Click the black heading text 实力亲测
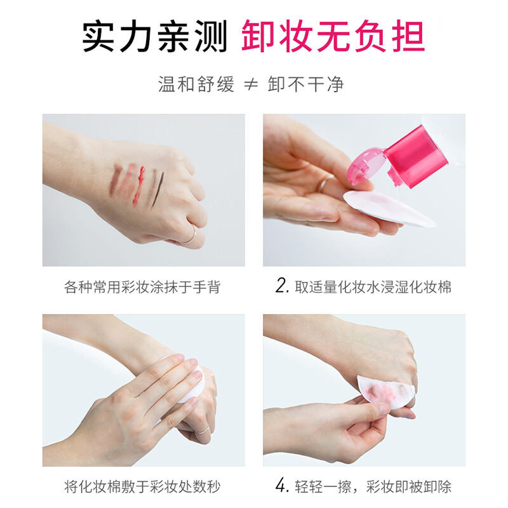(155, 37)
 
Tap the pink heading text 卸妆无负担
(333, 37)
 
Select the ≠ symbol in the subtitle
(251, 84)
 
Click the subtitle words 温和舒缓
(196, 84)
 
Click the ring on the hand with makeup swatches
(190, 236)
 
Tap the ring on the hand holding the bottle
(323, 184)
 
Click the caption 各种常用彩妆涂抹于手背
(143, 287)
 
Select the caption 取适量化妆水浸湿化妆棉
(373, 287)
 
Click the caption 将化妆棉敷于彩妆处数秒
(143, 487)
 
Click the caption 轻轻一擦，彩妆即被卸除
(373, 487)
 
